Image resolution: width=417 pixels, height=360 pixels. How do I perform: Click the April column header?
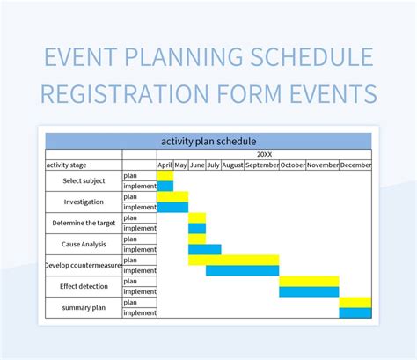165,165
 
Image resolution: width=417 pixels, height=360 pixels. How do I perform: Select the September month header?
262,165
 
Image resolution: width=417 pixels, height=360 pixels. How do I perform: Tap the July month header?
213,165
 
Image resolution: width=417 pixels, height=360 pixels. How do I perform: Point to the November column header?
322,165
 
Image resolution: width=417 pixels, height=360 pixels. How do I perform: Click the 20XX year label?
264,154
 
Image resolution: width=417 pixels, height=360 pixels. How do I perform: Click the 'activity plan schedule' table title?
208,141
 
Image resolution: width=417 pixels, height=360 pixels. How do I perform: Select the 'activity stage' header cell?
73,165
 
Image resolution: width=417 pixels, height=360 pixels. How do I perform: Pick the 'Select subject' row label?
84,180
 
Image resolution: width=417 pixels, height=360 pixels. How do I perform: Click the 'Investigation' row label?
84,202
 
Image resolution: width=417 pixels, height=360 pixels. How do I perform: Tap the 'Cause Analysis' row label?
84,244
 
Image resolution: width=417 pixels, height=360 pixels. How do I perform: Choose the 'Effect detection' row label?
84,286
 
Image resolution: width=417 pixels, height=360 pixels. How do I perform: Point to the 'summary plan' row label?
84,307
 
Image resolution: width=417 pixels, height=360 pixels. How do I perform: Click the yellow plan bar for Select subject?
165,175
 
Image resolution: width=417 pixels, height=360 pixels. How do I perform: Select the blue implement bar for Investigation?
172,207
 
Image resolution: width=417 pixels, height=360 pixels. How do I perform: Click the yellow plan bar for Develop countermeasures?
233,260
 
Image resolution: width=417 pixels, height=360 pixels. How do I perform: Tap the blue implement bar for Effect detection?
309,291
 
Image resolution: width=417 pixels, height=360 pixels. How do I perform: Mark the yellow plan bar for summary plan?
355,302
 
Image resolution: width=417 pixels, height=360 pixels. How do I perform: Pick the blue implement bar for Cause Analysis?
204,249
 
